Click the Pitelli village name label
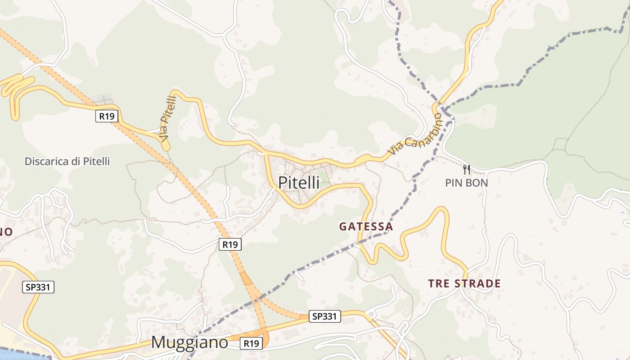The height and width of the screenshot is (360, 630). click(x=299, y=183)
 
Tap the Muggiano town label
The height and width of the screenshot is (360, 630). click(x=189, y=342)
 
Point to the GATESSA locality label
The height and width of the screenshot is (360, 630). click(x=366, y=226)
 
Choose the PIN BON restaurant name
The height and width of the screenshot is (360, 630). click(x=467, y=183)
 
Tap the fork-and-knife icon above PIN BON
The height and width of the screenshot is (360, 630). click(x=467, y=170)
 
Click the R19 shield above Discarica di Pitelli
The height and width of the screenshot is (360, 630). click(x=107, y=116)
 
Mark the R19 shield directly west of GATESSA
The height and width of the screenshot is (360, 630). click(x=230, y=244)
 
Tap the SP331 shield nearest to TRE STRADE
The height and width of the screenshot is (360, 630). click(x=324, y=316)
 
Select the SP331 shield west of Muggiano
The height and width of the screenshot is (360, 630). click(x=38, y=287)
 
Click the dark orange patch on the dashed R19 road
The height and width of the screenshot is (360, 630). click(x=246, y=279)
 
